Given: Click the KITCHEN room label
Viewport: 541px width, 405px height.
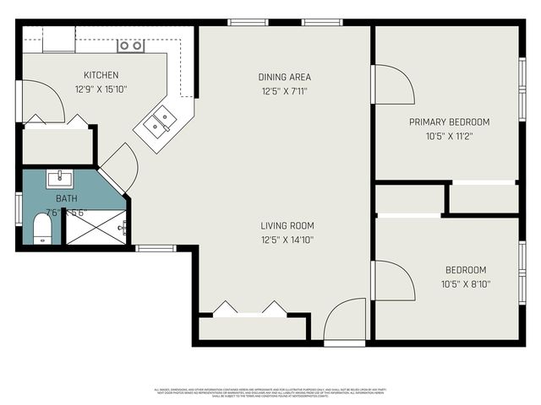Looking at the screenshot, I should pyautogui.click(x=101, y=75).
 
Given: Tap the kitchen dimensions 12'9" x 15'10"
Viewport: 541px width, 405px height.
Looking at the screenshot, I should pyautogui.click(x=101, y=88).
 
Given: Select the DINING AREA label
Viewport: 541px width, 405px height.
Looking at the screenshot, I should pyautogui.click(x=284, y=77).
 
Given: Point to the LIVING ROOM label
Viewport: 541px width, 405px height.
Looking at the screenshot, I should pyautogui.click(x=287, y=225).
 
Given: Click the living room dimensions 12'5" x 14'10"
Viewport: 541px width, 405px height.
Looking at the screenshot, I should pyautogui.click(x=287, y=239).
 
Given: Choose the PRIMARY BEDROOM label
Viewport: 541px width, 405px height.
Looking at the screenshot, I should pyautogui.click(x=449, y=122).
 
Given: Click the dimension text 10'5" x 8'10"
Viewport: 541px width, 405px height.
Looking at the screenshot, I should pyautogui.click(x=466, y=283).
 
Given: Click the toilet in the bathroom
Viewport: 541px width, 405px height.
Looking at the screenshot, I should pyautogui.click(x=41, y=229).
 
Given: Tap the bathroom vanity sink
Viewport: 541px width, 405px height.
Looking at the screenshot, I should pyautogui.click(x=60, y=178).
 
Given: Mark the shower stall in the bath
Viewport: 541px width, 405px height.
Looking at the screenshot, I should pyautogui.click(x=96, y=226).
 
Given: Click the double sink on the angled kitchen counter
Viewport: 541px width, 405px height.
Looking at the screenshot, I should pyautogui.click(x=159, y=122).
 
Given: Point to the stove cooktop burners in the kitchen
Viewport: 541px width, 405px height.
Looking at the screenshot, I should pyautogui.click(x=130, y=46).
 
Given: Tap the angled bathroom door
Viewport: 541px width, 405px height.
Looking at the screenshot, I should pyautogui.click(x=118, y=166).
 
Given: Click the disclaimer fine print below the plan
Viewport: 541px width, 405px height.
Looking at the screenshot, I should pyautogui.click(x=270, y=391).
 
